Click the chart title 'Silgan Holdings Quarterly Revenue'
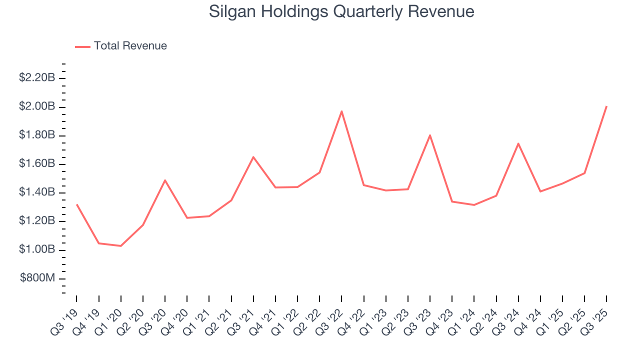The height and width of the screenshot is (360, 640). pyautogui.click(x=341, y=11)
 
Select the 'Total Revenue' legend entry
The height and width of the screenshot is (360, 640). pyautogui.click(x=130, y=46)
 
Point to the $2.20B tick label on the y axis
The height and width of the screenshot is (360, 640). pyautogui.click(x=36, y=78)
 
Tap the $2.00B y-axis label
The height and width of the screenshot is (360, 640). pyautogui.click(x=36, y=106)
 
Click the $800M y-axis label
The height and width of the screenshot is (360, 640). pyautogui.click(x=37, y=278)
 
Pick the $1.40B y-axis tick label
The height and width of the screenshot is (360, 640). pyautogui.click(x=36, y=192)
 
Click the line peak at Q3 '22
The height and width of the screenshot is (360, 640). pyautogui.click(x=341, y=111)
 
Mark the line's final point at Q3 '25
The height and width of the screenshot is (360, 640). pyautogui.click(x=606, y=106)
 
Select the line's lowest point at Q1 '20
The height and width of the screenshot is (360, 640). pyautogui.click(x=120, y=246)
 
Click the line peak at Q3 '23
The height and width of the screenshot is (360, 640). pyautogui.click(x=430, y=135)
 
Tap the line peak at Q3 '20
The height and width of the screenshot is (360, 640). pyautogui.click(x=165, y=180)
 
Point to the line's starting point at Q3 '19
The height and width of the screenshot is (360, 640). pyautogui.click(x=76, y=204)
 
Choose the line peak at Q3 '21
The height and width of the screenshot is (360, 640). pyautogui.click(x=253, y=157)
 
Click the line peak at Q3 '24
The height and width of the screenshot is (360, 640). pyautogui.click(x=518, y=143)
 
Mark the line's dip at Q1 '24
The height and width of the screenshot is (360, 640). pyautogui.click(x=474, y=205)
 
